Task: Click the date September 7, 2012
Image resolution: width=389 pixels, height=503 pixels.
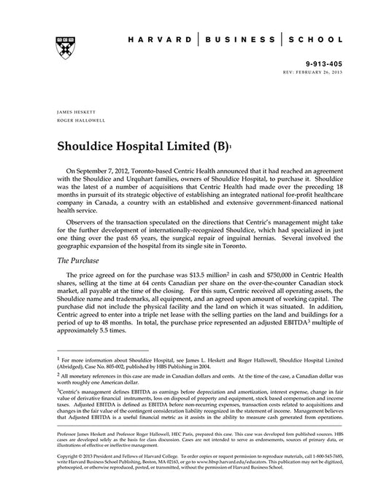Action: click(x=109, y=168)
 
